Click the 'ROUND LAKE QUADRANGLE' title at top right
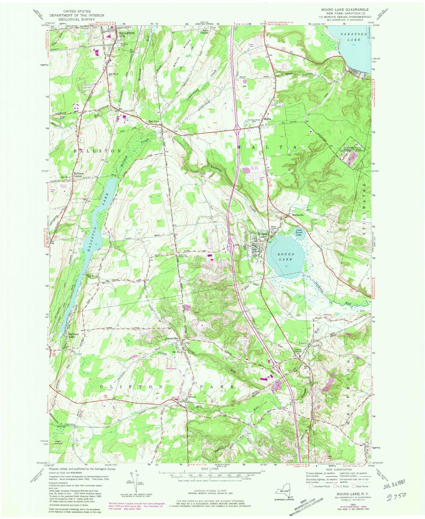point(346,10)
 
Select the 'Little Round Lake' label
point(298,232)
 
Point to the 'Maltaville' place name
point(297,215)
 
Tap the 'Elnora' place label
point(192,396)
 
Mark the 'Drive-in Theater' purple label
point(64,186)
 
